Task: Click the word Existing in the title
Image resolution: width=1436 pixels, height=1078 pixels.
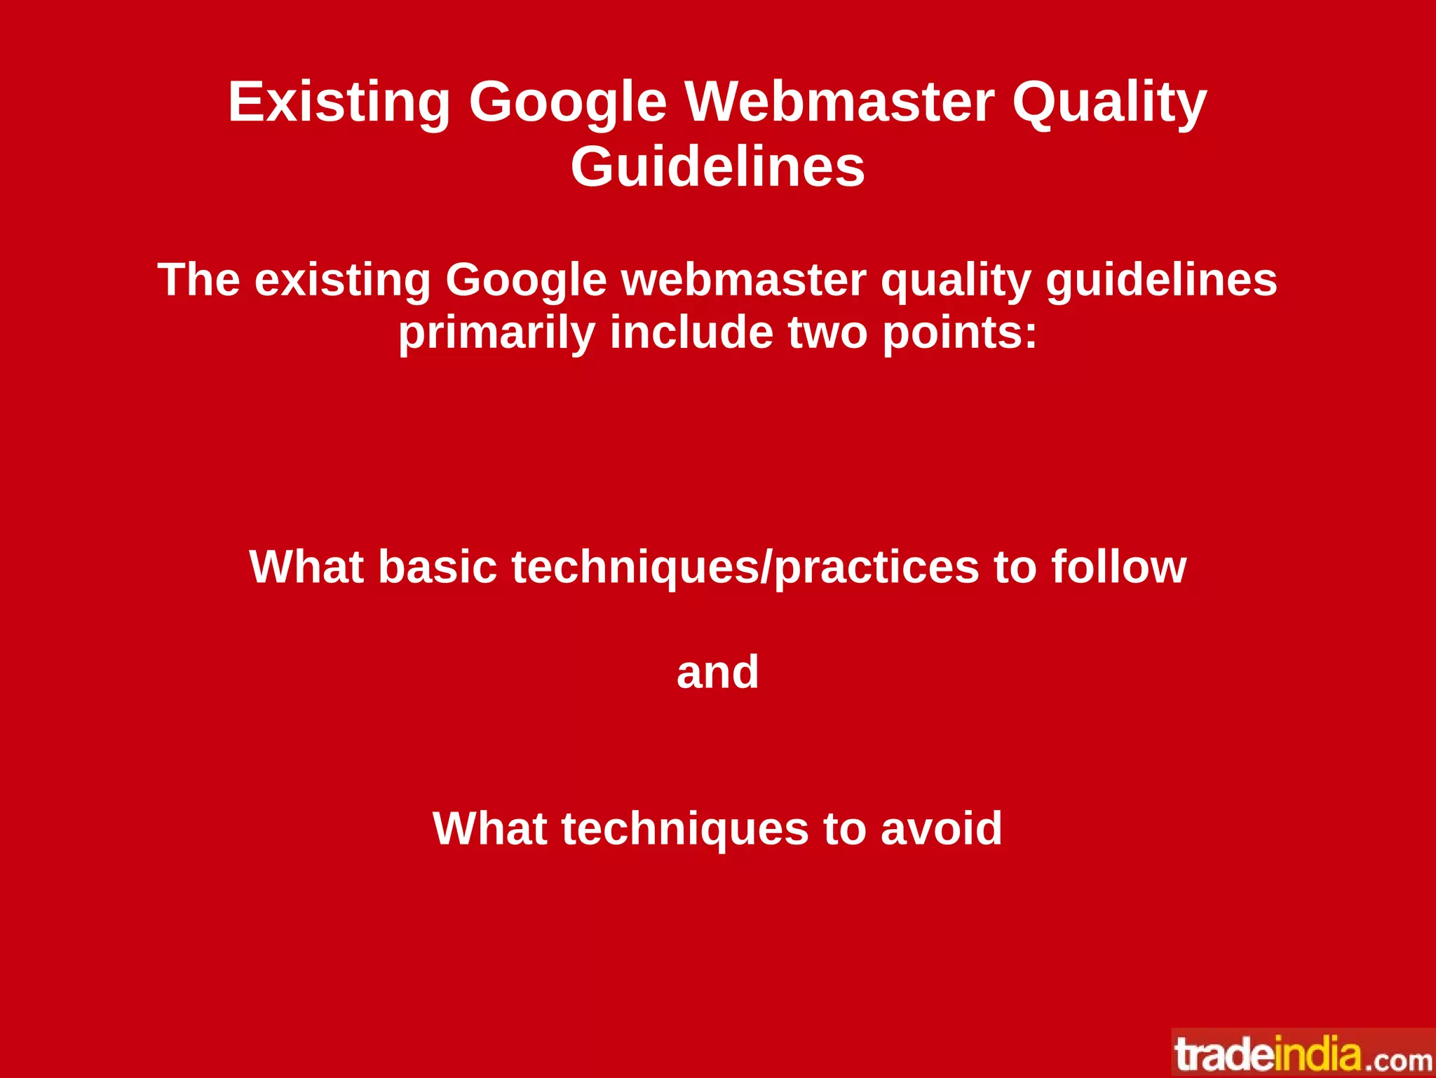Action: coord(339,102)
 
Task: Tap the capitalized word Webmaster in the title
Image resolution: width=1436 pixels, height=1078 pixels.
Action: coord(839,102)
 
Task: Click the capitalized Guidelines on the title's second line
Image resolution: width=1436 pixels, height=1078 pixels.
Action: coord(717,167)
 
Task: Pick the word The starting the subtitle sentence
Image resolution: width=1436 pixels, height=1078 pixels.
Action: coord(198,280)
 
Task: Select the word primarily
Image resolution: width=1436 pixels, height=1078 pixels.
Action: coord(496,332)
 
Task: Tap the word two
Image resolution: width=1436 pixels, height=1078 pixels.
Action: coord(827,332)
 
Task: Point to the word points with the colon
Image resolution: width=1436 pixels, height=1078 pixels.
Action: coord(959,332)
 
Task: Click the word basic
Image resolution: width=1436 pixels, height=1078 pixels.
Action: coord(438,567)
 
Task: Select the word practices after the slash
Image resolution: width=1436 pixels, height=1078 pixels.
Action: coord(876,567)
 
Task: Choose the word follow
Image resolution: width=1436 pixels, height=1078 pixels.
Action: coord(1118,567)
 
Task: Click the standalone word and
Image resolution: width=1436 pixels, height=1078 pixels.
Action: coord(717,672)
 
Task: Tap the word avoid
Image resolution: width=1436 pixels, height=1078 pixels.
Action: coord(941,828)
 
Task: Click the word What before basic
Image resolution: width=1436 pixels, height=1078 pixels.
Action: coord(306,567)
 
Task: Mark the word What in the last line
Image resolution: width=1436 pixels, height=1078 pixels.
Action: coord(489,828)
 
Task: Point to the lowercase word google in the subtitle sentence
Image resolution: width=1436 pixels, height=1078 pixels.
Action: coord(526,280)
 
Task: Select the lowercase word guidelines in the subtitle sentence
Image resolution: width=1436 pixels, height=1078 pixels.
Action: coord(1161,280)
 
